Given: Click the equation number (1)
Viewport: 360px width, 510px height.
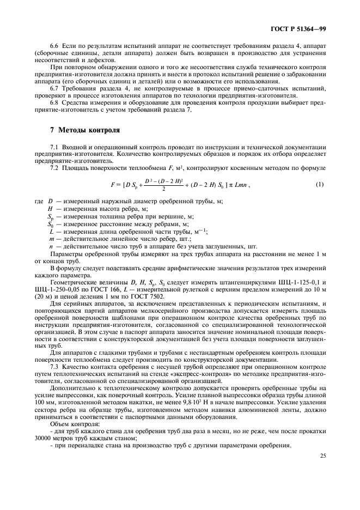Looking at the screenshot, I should (320, 184).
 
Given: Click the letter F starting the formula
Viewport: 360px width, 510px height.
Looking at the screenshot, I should (112, 185).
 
